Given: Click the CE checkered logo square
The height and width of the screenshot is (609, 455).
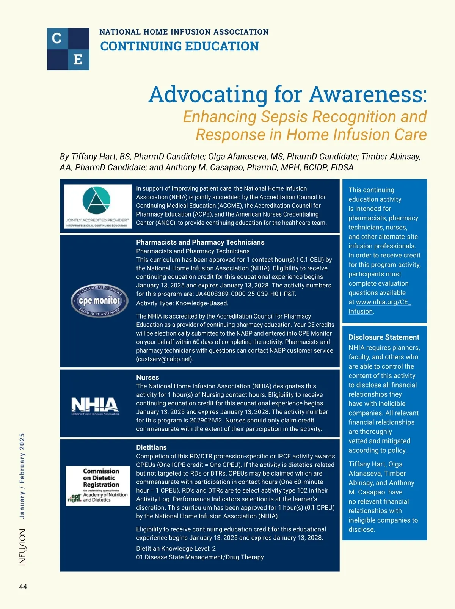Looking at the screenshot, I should tap(68, 49).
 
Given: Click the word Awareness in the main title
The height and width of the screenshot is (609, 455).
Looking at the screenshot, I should tap(368, 94).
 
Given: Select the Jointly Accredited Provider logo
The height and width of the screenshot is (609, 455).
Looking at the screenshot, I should tap(97, 206).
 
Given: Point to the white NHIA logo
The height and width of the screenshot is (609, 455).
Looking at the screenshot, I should tap(95, 406).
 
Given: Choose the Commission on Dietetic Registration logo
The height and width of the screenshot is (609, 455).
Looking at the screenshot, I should tap(98, 486).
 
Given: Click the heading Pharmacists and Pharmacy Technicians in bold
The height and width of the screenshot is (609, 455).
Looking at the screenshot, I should tap(200, 242).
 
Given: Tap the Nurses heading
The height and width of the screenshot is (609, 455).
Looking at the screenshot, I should tap(147, 377).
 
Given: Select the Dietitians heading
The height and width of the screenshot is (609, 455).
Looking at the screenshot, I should tap(151, 447).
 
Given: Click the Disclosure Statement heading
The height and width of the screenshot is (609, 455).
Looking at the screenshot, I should tap(384, 337).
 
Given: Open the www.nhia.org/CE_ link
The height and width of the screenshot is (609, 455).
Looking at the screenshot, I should tap(383, 302).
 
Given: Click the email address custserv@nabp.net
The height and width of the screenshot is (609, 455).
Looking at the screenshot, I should tap(164, 359).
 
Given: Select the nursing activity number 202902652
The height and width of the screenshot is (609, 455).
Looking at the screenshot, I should tap(214, 420).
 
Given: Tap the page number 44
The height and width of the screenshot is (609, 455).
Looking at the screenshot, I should tap(23, 587).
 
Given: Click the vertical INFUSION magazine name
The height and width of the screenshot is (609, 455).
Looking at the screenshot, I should tap(23, 547).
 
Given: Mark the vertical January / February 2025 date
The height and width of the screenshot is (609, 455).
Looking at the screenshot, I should tap(22, 476).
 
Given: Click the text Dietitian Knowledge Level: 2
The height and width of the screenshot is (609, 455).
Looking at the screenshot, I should tap(176, 548).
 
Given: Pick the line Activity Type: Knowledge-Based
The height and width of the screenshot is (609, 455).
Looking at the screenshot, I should tap(182, 303).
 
